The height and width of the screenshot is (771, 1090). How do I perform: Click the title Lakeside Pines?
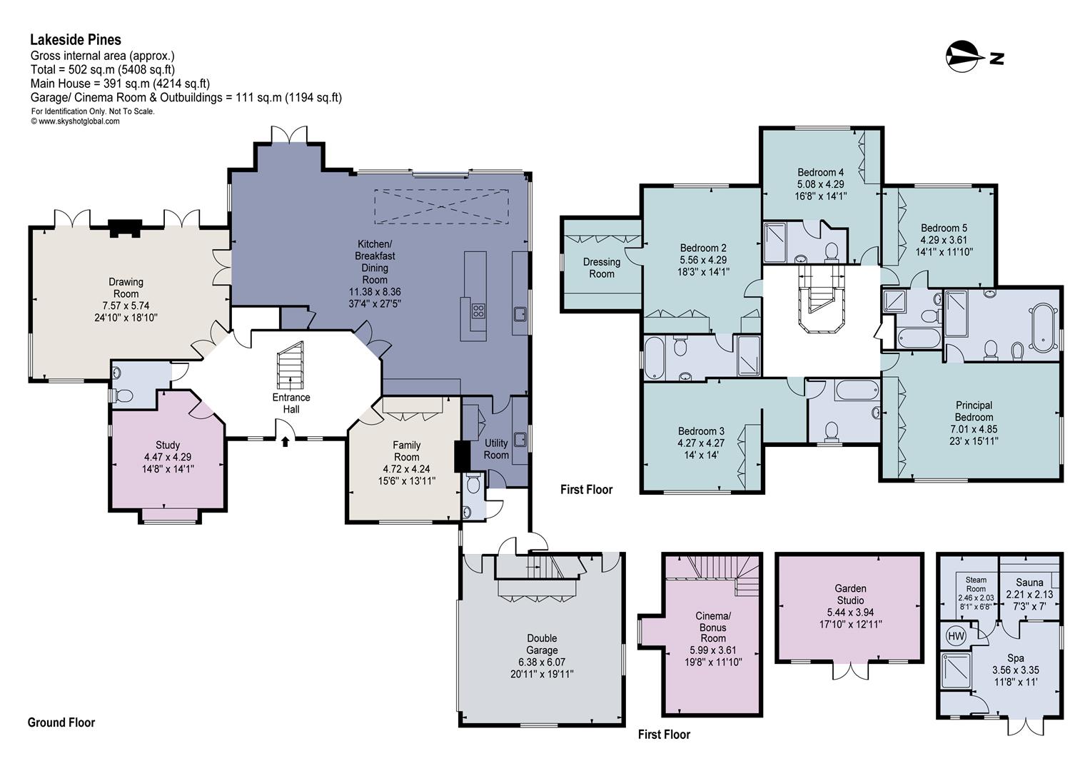point(76,40)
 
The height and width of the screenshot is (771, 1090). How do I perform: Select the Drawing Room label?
point(126,288)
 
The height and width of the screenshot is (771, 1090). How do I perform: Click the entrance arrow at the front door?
point(286,441)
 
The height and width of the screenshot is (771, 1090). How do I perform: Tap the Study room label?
point(168,445)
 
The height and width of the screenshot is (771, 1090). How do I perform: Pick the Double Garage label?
point(542,644)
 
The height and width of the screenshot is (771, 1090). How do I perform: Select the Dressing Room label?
point(602,268)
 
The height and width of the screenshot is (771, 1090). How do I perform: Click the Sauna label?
point(1029,583)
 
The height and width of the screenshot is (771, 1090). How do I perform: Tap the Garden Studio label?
point(850,594)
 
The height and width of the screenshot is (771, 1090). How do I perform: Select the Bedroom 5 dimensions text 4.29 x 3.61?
point(944,240)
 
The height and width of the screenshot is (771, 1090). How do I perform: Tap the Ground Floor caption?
point(61,722)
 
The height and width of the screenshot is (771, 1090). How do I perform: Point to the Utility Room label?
point(496,449)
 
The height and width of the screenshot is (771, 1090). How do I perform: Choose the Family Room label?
point(406,451)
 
